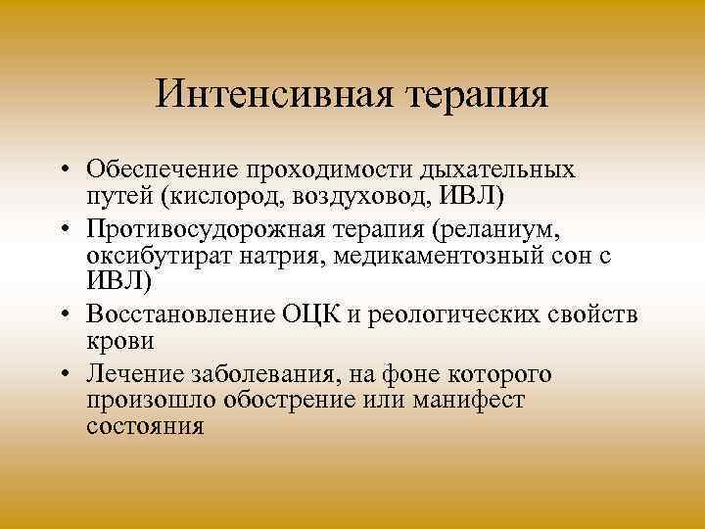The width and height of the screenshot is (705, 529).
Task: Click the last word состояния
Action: tap(145, 426)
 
